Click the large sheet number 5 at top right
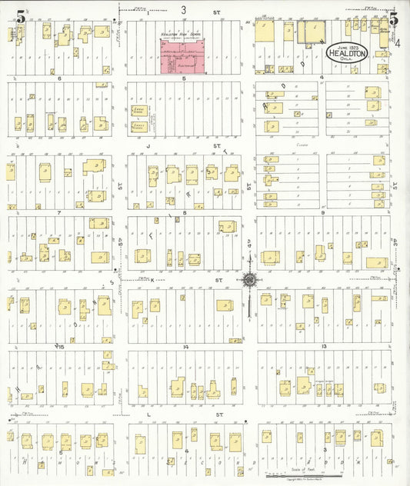pyautogui.click(x=392, y=19)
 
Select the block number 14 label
pyautogui.click(x=185, y=348)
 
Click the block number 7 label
pyautogui.click(x=58, y=211)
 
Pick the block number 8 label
pyautogui.click(x=185, y=211)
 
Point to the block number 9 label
pyautogui.click(x=323, y=211)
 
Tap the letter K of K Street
pyautogui.click(x=152, y=280)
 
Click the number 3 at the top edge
pyautogui.click(x=183, y=10)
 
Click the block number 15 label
pyautogui.click(x=58, y=348)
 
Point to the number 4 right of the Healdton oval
pyautogui.click(x=398, y=44)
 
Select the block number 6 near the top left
pyautogui.click(x=58, y=78)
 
